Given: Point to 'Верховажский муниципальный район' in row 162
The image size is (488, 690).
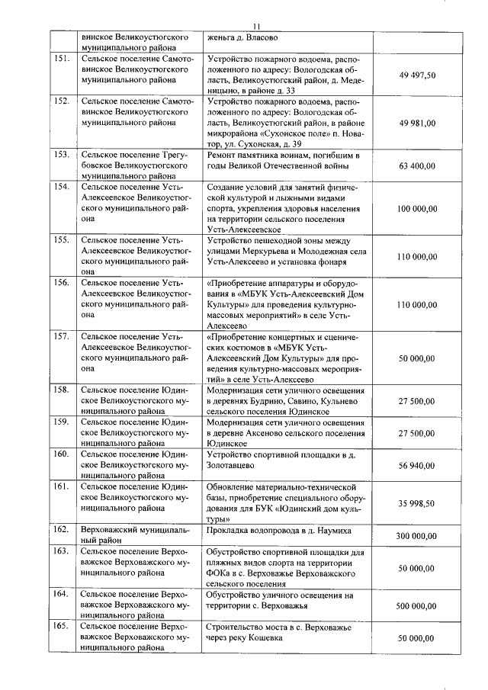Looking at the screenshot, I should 134,534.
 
